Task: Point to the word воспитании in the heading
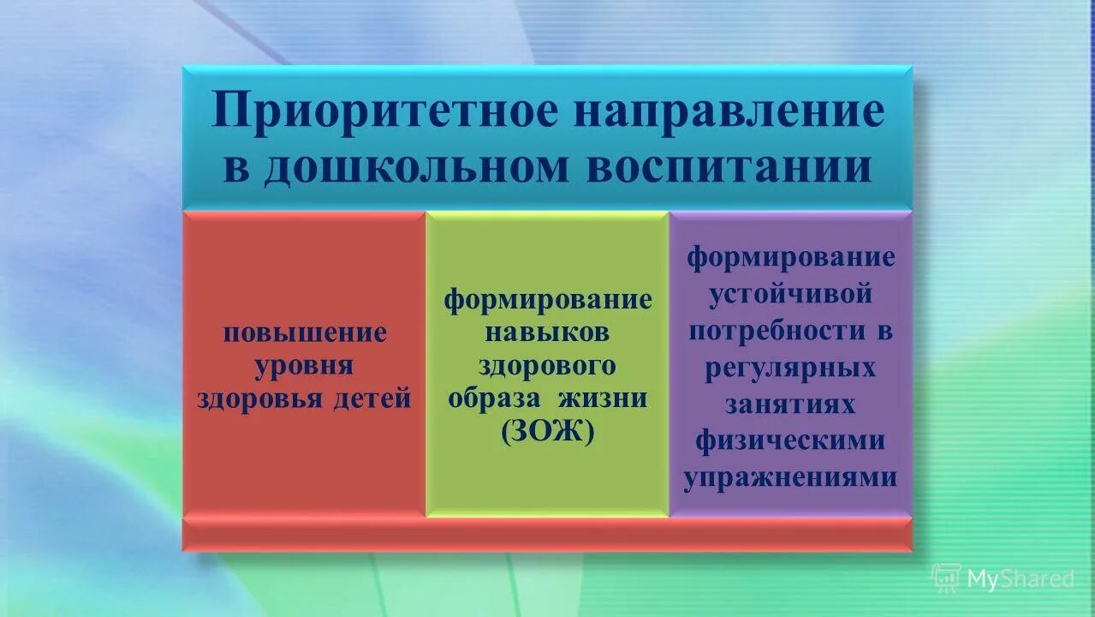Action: tap(729, 168)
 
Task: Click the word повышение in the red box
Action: tap(305, 332)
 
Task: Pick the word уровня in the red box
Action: tap(305, 366)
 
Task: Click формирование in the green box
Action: tap(547, 300)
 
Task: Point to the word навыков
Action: tap(547, 332)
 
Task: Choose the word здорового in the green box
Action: tap(547, 366)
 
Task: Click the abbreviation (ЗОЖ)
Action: tap(547, 432)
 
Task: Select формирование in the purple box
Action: tap(791, 257)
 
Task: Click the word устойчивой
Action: tap(791, 294)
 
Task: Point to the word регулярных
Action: tap(791, 368)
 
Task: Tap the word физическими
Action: tap(791, 440)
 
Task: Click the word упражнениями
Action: tap(791, 477)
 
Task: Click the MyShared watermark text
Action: tap(1020, 579)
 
